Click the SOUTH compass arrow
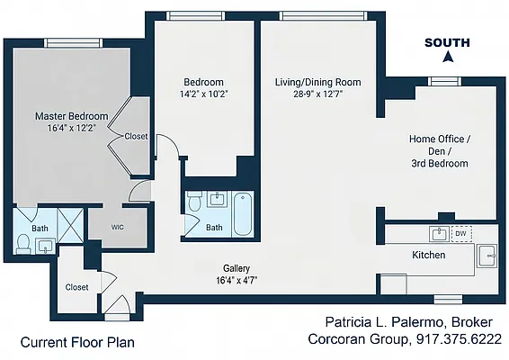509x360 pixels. point(448,58)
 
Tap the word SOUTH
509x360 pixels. point(447,42)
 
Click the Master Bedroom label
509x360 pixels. point(71,116)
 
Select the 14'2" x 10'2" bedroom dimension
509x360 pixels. point(204,94)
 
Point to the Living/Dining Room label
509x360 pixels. point(317,82)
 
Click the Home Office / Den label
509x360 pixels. point(440,145)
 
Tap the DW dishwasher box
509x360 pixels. point(461,233)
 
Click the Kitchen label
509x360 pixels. point(428,255)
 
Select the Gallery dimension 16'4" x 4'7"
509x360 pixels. point(237,280)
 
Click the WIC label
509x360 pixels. point(117,228)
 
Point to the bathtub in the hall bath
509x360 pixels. point(242,214)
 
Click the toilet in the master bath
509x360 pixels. point(23,243)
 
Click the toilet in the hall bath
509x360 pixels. point(195,201)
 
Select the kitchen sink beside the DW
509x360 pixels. point(439,234)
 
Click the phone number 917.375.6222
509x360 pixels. point(459,339)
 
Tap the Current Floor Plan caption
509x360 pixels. point(77,343)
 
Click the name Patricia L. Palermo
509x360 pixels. point(384,322)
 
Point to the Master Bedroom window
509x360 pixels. point(73,43)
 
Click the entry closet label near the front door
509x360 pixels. point(76,287)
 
